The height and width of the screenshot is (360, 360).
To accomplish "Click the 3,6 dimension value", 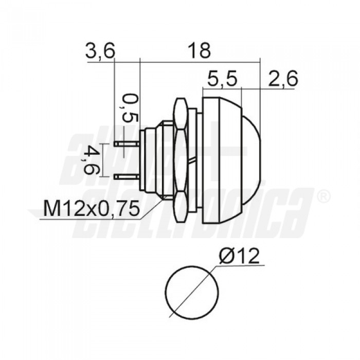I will (x=101, y=51).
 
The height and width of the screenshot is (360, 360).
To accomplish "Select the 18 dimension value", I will (x=199, y=51).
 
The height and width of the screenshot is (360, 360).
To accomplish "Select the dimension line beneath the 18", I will (x=199, y=62).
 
